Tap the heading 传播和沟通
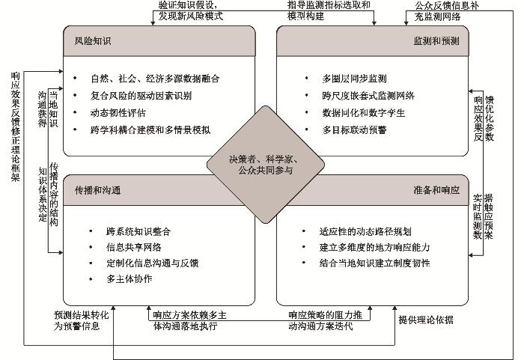pos(93,190)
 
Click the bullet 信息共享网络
pos(137,247)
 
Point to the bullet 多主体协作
pos(130,279)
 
